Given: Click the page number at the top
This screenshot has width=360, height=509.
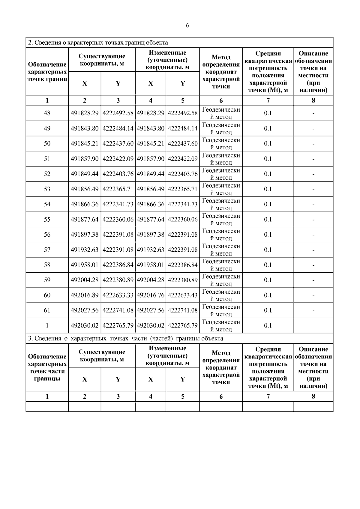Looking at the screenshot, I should pyautogui.click(x=187, y=26).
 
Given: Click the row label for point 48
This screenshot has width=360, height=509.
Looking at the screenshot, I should pyautogui.click(x=47, y=113).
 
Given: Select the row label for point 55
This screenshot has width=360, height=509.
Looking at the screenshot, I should pyautogui.click(x=47, y=219).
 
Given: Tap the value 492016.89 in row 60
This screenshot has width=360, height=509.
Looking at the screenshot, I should pyautogui.click(x=85, y=295).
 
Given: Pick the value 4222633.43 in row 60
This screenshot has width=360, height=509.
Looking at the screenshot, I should pyautogui.click(x=183, y=295).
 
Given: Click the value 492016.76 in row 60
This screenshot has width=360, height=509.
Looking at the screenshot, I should pyautogui.click(x=151, y=295).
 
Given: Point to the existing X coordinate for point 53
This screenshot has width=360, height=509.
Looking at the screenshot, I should pyautogui.click(x=85, y=189).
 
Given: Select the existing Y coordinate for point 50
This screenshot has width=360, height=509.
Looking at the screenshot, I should pyautogui.click(x=118, y=143).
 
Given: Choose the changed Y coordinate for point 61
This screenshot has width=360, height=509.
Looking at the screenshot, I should pyautogui.click(x=183, y=310).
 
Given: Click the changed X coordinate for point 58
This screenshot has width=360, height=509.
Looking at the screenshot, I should pyautogui.click(x=151, y=265).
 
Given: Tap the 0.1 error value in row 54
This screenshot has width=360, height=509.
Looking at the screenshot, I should pyautogui.click(x=268, y=204).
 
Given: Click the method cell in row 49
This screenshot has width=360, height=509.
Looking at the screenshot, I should pyautogui.click(x=221, y=128).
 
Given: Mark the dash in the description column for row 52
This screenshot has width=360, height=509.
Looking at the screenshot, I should pyautogui.click(x=313, y=174).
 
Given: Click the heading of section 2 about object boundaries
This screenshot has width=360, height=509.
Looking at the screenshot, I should pyautogui.click(x=98, y=43).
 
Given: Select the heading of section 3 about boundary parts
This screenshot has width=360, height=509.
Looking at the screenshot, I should pyautogui.click(x=125, y=338).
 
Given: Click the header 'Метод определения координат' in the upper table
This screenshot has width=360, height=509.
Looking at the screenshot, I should pyautogui.click(x=221, y=72).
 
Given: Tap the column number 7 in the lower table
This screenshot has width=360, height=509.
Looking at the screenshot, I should pyautogui.click(x=268, y=396).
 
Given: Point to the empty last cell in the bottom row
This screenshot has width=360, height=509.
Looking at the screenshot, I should pyautogui.click(x=313, y=406).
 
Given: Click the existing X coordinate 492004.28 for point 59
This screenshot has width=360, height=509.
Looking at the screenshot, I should pyautogui.click(x=85, y=280).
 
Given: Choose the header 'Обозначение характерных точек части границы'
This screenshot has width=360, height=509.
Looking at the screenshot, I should pyautogui.click(x=47, y=367).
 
